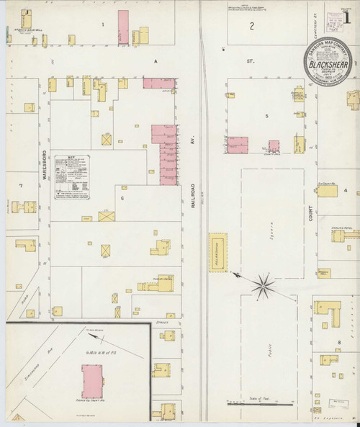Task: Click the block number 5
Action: [266, 116]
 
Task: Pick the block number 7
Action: [22, 186]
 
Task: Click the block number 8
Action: [338, 341]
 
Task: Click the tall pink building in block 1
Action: [123, 26]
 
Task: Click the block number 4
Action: [346, 191]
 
